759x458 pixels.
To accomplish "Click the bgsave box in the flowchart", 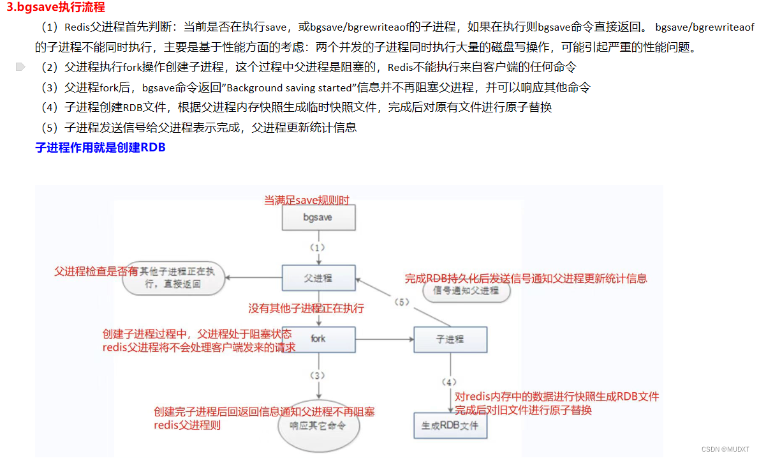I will point(318,217).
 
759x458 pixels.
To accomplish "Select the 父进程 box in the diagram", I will point(318,279).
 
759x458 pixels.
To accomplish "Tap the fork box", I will point(318,339).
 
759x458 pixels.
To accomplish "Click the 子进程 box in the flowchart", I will point(450,339).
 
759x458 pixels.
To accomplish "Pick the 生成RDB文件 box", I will point(450,425).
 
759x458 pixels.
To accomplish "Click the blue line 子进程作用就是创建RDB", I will point(100,148).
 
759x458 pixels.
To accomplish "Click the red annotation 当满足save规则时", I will point(307,201).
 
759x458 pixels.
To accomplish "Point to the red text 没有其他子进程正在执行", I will point(306,309).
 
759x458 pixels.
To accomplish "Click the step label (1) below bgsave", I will point(318,247).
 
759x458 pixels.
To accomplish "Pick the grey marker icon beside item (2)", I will point(20,66).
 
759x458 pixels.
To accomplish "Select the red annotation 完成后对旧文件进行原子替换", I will point(523,410).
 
